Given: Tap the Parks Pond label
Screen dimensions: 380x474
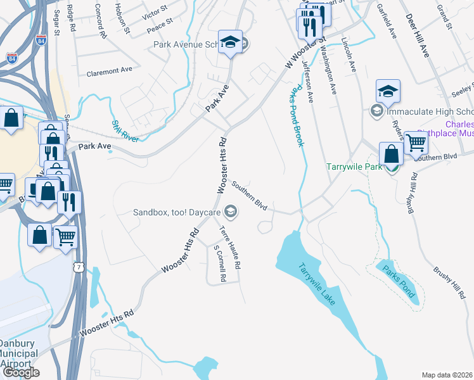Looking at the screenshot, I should (400, 280).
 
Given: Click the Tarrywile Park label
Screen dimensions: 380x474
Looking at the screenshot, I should (354, 167).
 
